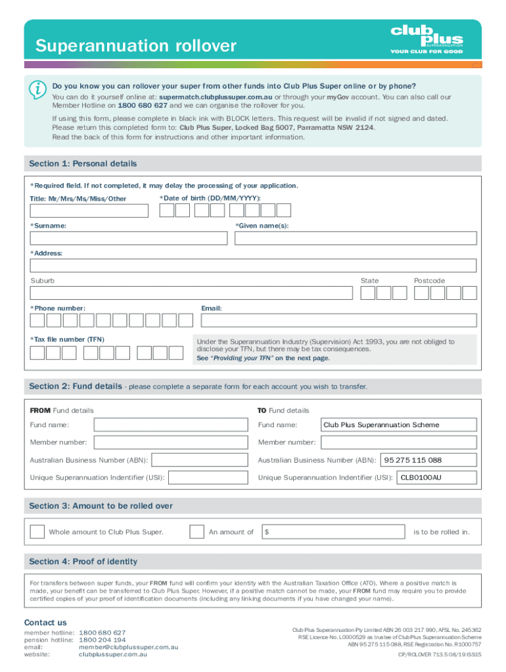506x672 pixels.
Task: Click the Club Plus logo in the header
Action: pos(426,39)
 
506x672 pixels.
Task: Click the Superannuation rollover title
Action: pos(135,46)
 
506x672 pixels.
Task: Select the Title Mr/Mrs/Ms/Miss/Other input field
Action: pos(89,210)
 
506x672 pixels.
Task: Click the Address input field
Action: pos(253,265)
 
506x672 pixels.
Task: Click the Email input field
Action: pos(338,320)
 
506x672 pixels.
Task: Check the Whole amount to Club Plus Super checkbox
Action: pos(38,532)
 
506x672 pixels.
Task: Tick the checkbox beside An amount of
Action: pos(196,532)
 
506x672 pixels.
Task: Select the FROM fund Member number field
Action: pos(172,442)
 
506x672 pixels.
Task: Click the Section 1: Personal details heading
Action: pos(83,163)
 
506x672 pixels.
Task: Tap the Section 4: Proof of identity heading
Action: pos(83,561)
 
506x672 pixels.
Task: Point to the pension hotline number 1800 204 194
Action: pos(102,640)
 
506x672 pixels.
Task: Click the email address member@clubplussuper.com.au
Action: pos(128,647)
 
